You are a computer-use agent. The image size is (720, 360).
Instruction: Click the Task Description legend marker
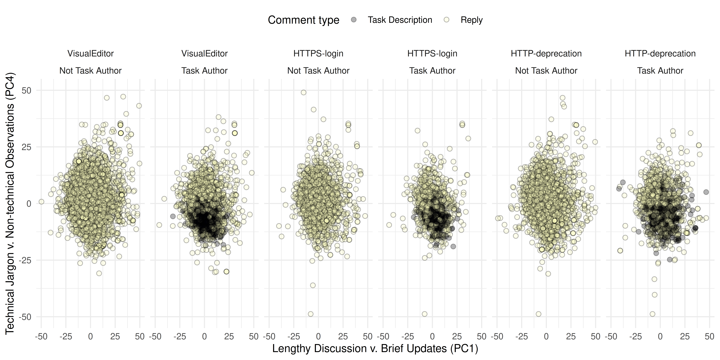coord(354,20)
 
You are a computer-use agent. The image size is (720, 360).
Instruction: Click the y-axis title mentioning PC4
coord(10,203)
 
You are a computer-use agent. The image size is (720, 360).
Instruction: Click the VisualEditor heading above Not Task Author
coord(91,53)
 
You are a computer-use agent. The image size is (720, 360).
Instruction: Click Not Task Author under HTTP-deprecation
coord(546,70)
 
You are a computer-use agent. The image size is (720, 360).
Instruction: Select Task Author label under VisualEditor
coord(204,70)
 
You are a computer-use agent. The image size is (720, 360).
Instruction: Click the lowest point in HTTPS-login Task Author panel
coord(425,314)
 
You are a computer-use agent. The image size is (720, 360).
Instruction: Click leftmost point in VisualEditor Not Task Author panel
coord(41,202)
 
